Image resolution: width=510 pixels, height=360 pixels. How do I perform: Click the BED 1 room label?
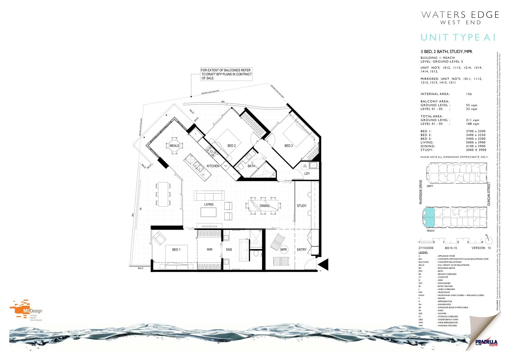pos(176,250)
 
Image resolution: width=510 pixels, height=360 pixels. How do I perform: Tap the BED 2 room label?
pos(231,146)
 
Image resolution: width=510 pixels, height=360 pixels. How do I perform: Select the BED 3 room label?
pos(289,146)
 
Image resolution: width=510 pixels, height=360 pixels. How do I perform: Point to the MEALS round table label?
pos(174,146)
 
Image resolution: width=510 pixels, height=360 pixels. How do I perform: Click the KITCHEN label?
pos(213,166)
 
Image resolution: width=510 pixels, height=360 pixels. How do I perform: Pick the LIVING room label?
pos(209,204)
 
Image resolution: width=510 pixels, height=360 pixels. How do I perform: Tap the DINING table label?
pos(265,206)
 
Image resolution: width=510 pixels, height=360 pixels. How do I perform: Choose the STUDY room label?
pos(302,206)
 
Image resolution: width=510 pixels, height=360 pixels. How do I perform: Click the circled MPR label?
pos(284,250)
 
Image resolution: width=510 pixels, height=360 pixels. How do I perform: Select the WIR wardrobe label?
pos(209,250)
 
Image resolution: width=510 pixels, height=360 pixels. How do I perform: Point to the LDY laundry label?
pos(307,173)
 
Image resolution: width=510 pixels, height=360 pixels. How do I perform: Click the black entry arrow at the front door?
pos(324,264)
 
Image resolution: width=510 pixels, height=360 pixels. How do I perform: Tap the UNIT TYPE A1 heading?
pos(458,37)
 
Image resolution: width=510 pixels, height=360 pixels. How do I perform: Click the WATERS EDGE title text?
pos(460,15)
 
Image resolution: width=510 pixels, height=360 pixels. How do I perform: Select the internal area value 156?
pos(469,94)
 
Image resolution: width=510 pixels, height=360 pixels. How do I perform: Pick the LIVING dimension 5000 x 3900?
pos(476,142)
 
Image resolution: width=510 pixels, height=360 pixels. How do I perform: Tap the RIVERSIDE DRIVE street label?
pos(421,192)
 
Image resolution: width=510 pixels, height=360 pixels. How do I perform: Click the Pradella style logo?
pos(486,342)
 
